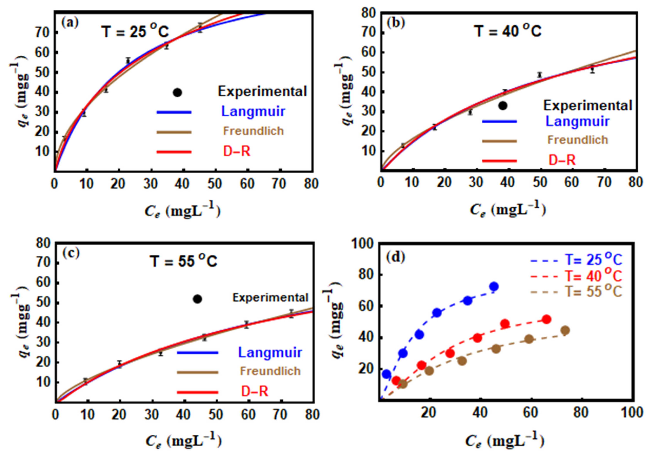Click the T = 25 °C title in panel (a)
(x=135, y=32)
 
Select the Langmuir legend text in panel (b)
(x=578, y=121)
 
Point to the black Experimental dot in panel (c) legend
(x=197, y=299)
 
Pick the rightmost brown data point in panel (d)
(x=565, y=330)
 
